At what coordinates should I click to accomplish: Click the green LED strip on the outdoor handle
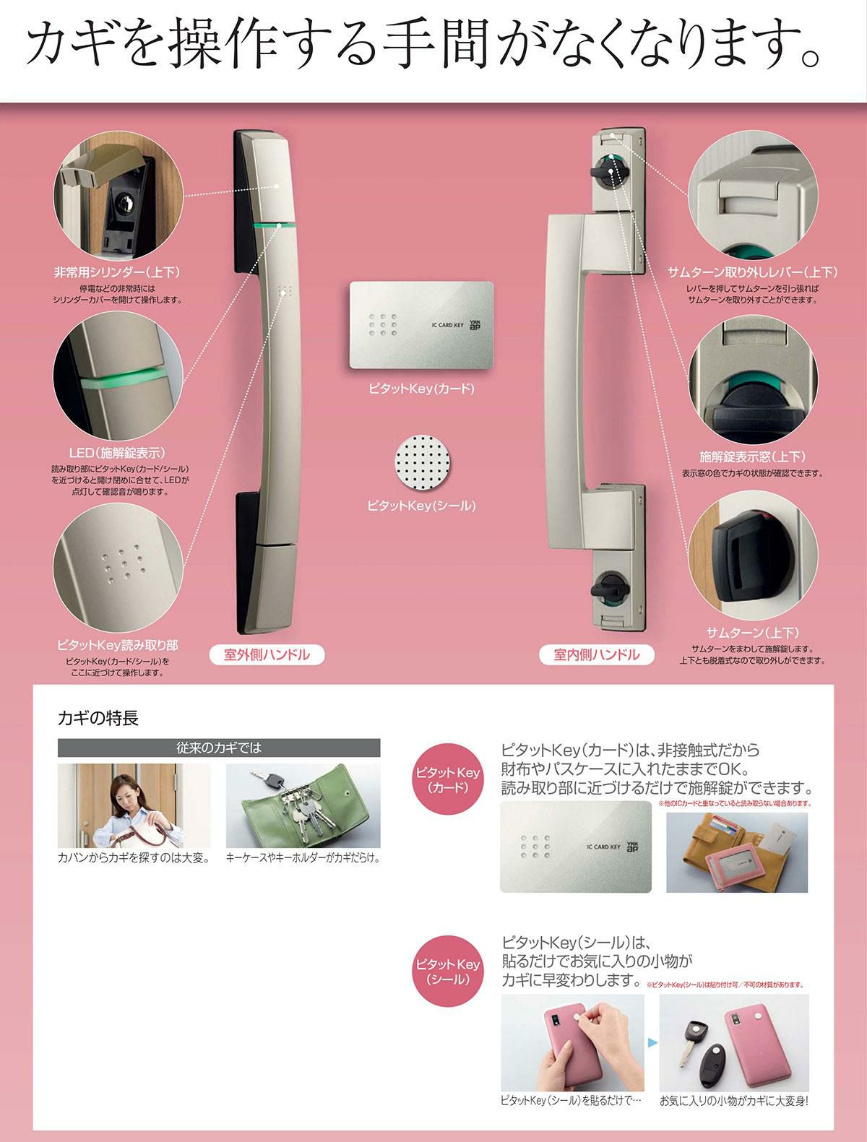pos(275,225)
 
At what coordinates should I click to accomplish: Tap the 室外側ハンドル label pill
pos(267,654)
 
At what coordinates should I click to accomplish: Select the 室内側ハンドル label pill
pos(596,654)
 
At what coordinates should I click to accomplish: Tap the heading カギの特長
pos(98,718)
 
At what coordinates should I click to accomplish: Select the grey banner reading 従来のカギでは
pos(219,748)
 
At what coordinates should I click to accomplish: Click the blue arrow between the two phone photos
pos(652,1042)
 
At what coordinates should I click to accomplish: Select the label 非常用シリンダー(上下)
pos(117,272)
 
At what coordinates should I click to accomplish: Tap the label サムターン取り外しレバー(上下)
pos(753,272)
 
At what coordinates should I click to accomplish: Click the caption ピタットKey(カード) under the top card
pos(421,389)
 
